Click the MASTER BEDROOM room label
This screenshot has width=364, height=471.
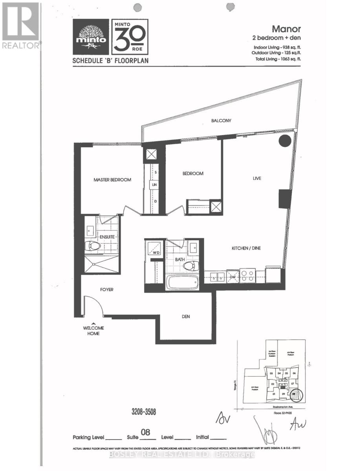pyautogui.click(x=112, y=180)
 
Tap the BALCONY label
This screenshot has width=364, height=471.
pyautogui.click(x=221, y=121)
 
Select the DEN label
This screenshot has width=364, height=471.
pyautogui.click(x=186, y=316)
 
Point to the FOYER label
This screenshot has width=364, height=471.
pyautogui.click(x=106, y=289)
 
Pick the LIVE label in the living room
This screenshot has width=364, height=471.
pyautogui.click(x=257, y=178)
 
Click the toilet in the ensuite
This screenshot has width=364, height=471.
pyautogui.click(x=93, y=246)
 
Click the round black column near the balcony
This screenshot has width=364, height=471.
pyautogui.click(x=284, y=141)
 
